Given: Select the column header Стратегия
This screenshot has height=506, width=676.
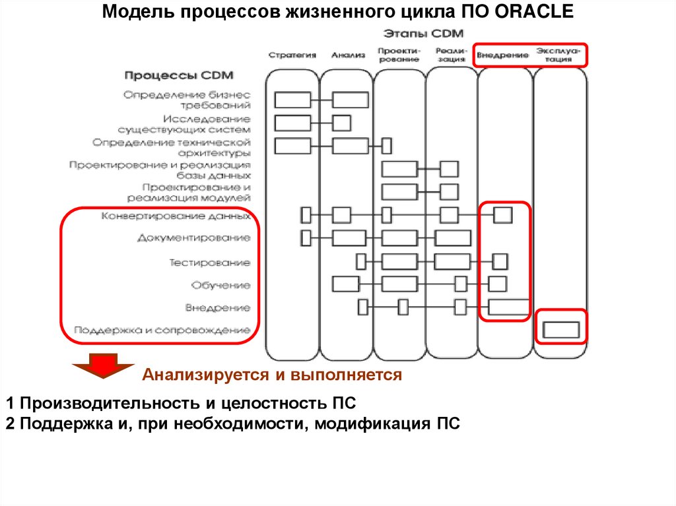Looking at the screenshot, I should click(292, 55).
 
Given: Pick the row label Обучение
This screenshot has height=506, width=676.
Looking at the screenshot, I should click(221, 285).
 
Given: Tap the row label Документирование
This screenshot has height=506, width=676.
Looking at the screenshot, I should click(194, 237).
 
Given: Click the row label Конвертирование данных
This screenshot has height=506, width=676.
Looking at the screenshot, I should click(176, 216).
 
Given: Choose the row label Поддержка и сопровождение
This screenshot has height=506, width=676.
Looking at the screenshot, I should click(162, 329).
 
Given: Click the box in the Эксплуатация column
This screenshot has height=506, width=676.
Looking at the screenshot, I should click(560, 329).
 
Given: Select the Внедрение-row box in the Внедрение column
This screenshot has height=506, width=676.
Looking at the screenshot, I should click(509, 307).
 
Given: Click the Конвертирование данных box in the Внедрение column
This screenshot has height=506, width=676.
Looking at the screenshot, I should click(503, 215).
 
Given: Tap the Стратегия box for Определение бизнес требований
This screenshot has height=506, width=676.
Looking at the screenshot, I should click(292, 100).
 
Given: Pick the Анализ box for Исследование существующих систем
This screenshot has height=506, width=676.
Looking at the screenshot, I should click(342, 123).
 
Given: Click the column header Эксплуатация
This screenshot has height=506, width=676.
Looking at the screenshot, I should click(559, 55).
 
